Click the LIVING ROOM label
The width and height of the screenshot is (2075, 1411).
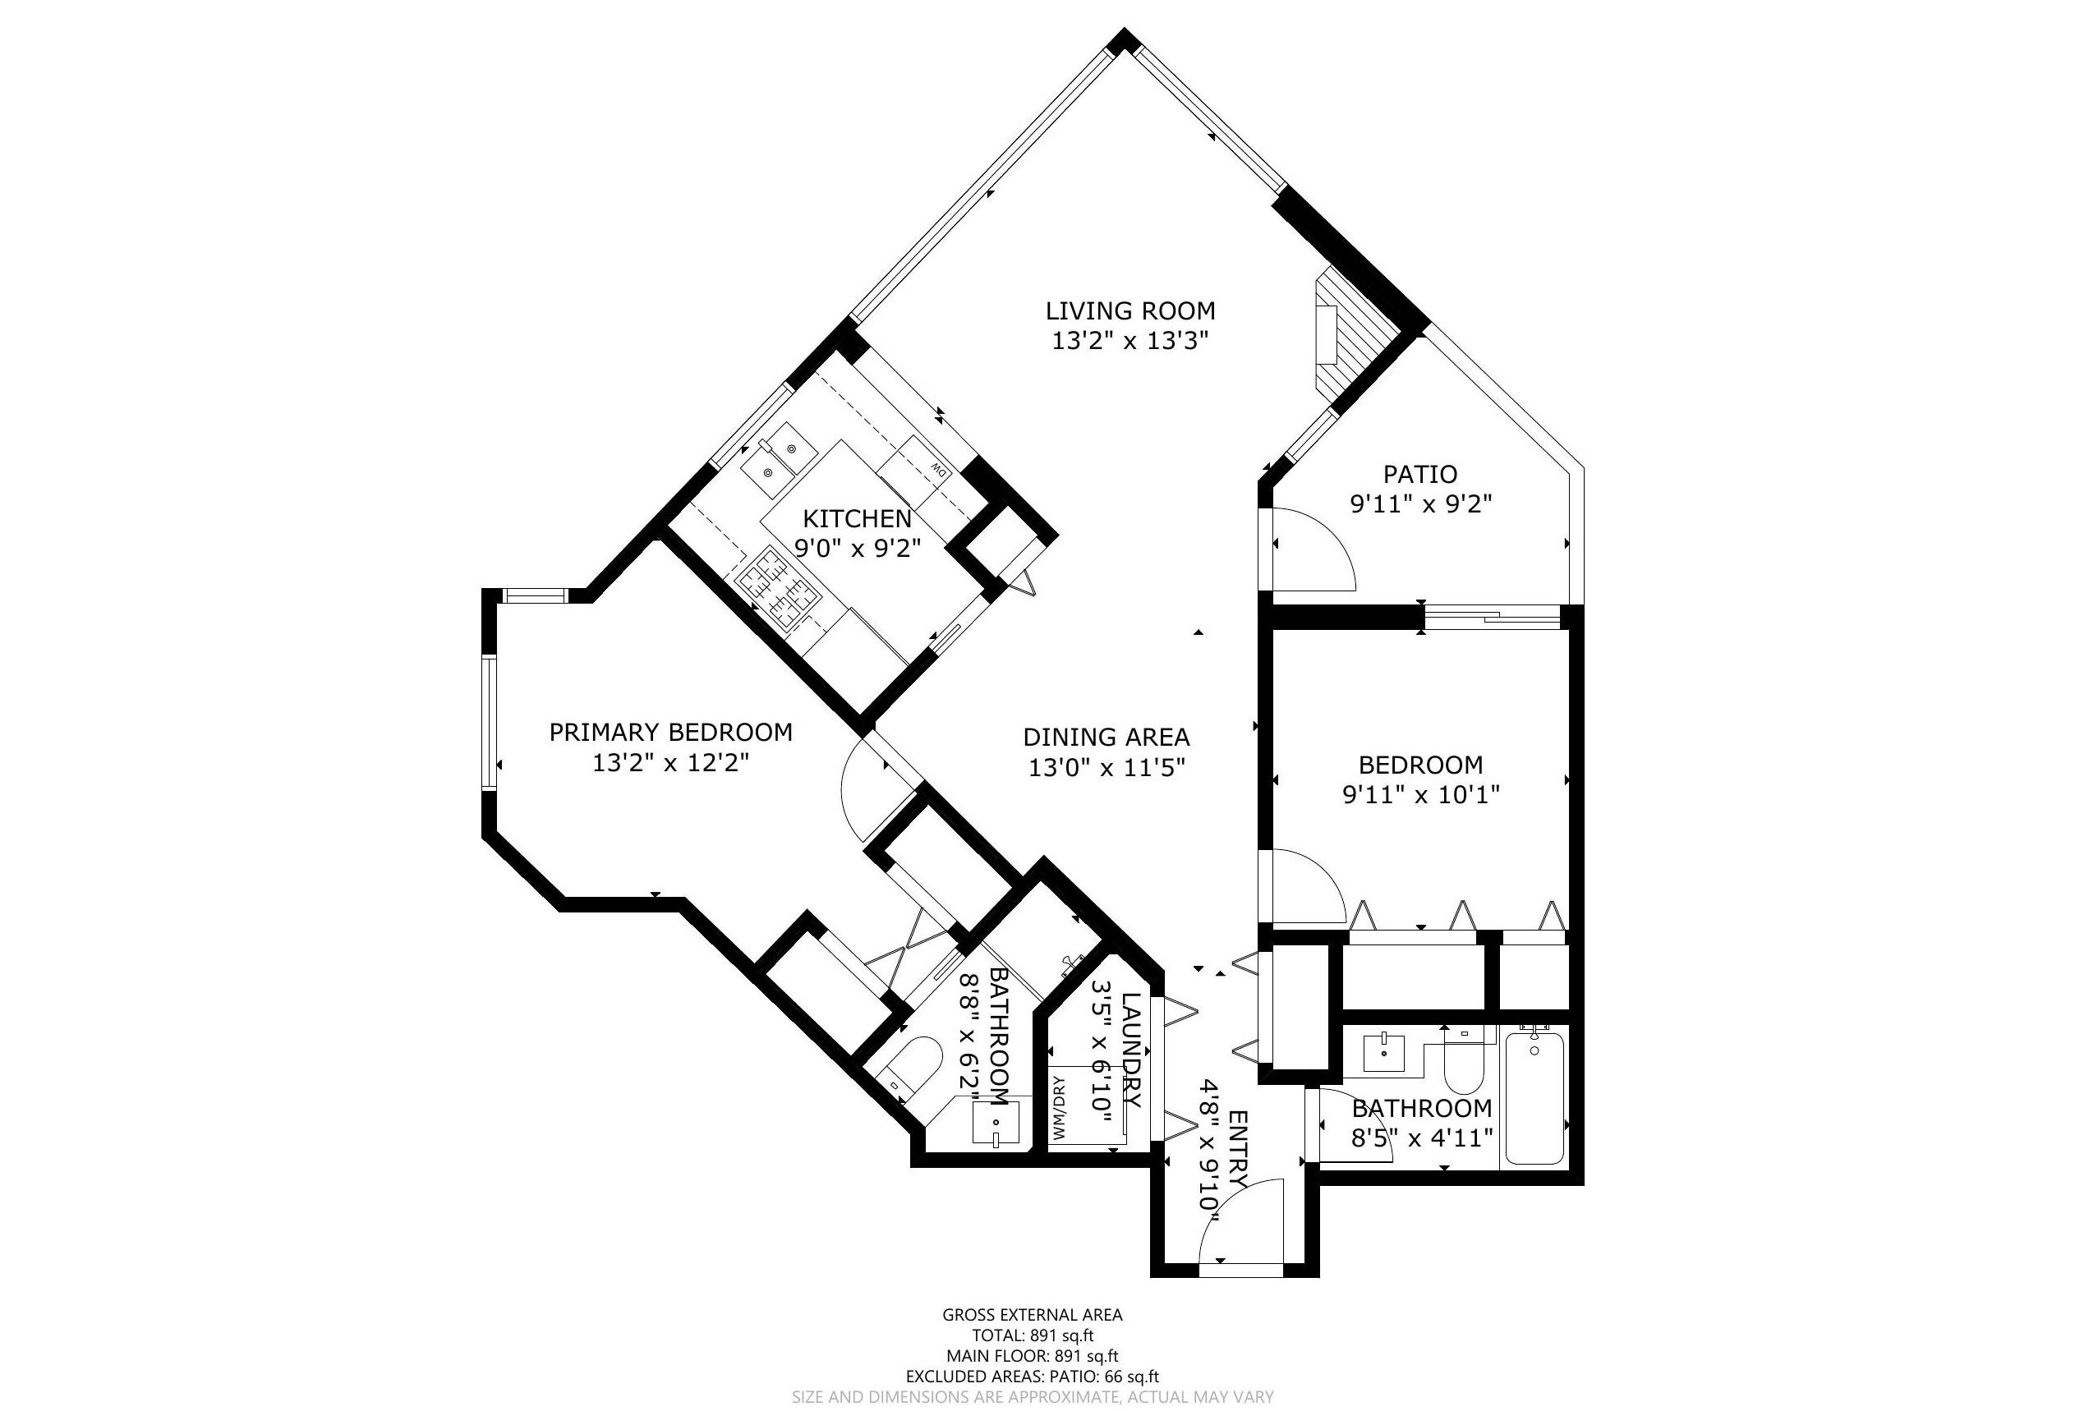(1130, 311)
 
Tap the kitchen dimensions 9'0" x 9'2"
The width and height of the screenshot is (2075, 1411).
(857, 548)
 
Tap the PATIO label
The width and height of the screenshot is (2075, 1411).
(1419, 474)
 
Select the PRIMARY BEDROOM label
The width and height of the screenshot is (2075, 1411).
(670, 733)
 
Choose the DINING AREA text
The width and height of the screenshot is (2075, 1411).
(1107, 738)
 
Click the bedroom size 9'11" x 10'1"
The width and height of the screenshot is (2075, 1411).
(1420, 794)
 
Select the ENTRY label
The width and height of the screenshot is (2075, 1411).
(1237, 1151)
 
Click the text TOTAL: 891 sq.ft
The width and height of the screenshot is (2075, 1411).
(1032, 1335)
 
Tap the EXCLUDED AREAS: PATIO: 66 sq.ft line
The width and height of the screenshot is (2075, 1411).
(1032, 1377)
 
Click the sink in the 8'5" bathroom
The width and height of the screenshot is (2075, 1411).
(1384, 1054)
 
